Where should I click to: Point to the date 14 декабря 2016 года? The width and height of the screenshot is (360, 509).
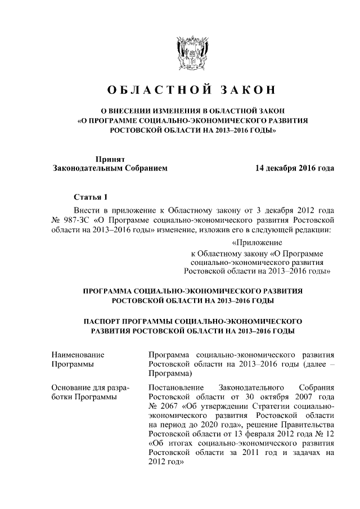pyautogui.click(x=294, y=168)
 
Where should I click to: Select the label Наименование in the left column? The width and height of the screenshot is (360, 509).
pyautogui.click(x=78, y=355)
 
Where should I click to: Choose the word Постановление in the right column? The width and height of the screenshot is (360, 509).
pyautogui.click(x=174, y=388)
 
